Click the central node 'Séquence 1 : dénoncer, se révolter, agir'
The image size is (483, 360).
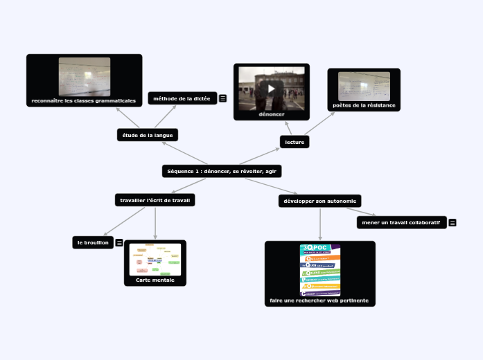tap(222, 171)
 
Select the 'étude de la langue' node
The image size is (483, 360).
tap(148, 135)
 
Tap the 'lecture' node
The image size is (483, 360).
tap(295, 142)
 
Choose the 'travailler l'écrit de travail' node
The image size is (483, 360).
tap(155, 200)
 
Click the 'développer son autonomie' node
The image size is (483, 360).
tap(319, 201)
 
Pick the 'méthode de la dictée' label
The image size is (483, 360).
tap(182, 98)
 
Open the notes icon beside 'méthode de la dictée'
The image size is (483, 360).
tap(223, 98)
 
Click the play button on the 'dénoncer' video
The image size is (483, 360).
tap(272, 88)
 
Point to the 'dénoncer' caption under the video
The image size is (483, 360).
tap(272, 114)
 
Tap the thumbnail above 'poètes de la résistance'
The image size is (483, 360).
tap(364, 86)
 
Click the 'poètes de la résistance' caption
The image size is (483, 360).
tap(364, 105)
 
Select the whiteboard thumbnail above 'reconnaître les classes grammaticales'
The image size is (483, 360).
tap(85, 76)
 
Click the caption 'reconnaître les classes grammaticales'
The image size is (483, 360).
tap(84, 101)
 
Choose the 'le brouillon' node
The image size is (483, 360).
tap(93, 242)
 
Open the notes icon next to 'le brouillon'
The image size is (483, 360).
tap(119, 242)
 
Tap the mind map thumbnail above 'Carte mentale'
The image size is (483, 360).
tap(155, 259)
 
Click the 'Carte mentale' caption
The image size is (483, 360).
tap(155, 280)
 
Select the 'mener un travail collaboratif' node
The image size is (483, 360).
tap(401, 222)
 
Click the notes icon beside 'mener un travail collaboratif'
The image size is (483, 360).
tap(453, 222)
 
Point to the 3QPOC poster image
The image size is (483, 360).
tap(320, 270)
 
